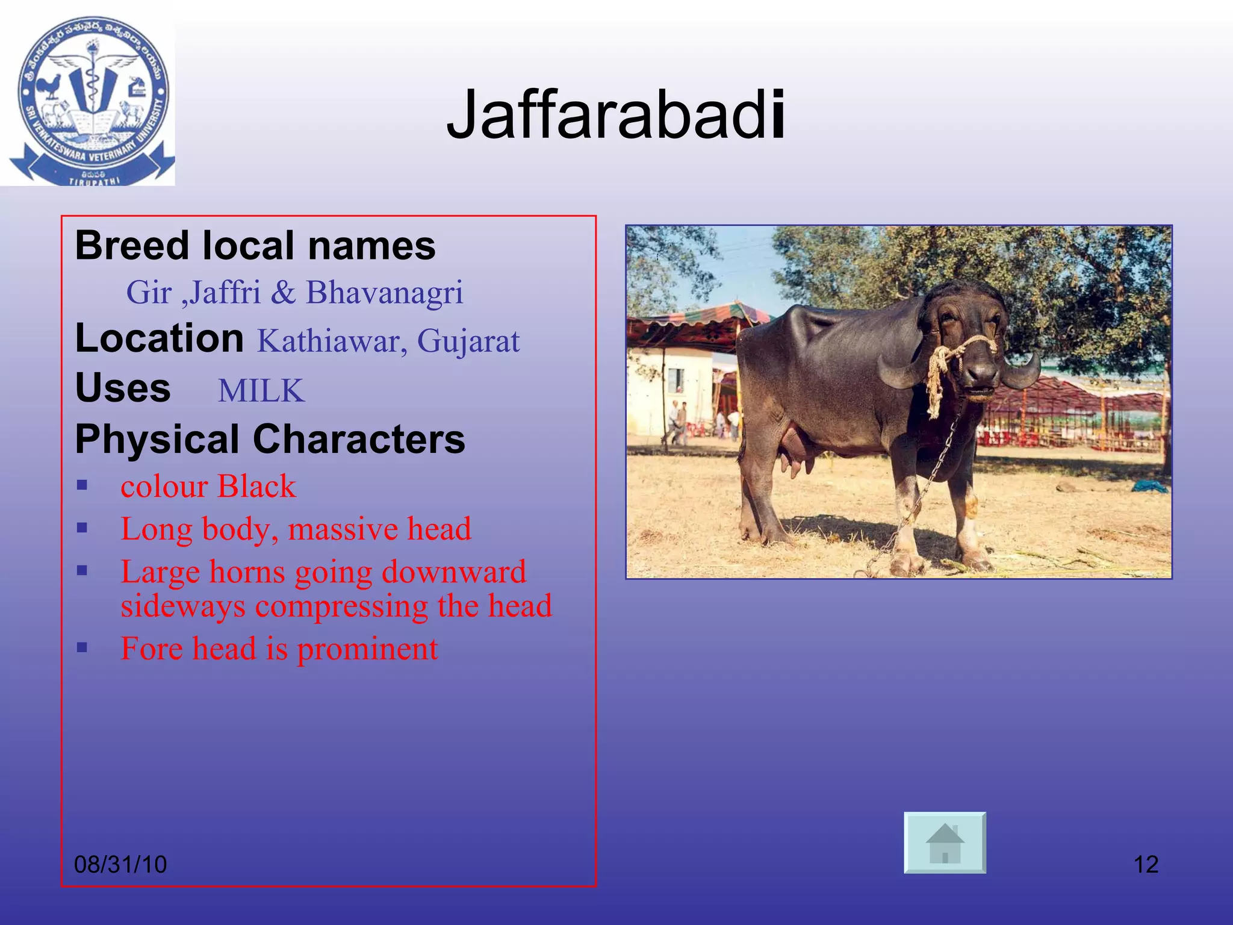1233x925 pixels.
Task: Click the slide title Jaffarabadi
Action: [615, 115]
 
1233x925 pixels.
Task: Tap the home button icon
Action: [945, 842]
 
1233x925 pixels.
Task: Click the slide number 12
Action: [1146, 864]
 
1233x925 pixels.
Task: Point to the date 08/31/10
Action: [120, 864]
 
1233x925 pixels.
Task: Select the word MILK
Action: [261, 391]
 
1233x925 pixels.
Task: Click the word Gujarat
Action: [468, 341]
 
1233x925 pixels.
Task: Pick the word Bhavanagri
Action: [384, 293]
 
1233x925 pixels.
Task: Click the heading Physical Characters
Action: [270, 439]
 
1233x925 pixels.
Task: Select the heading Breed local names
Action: [255, 246]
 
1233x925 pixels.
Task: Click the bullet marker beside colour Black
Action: [82, 485]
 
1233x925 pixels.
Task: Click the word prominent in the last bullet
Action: [367, 649]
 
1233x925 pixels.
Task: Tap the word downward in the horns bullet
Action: [453, 572]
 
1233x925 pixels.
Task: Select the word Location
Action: [159, 338]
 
